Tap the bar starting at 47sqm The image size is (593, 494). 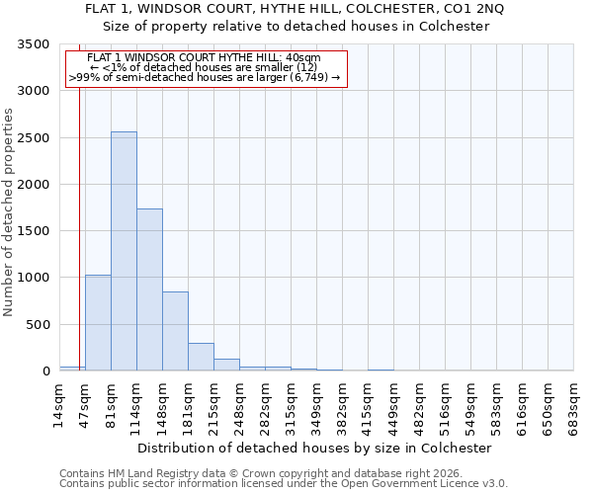(x=98, y=323)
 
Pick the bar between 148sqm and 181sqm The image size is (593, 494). (x=175, y=331)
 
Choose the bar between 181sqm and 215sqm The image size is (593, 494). (x=201, y=357)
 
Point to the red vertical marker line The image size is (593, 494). (x=79, y=207)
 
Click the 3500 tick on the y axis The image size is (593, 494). (x=34, y=44)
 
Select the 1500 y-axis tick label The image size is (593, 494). (x=34, y=231)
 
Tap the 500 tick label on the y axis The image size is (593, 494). (x=38, y=324)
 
